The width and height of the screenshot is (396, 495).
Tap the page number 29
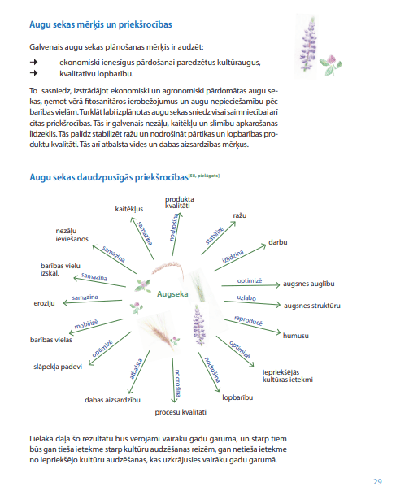tap(377, 481)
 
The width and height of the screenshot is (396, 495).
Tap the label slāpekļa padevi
tap(57, 367)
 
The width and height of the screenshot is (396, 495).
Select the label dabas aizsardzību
tap(113, 400)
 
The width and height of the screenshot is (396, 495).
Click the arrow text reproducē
tap(247, 320)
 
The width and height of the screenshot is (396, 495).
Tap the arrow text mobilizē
tap(86, 324)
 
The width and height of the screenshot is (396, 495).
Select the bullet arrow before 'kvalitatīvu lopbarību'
tap(33, 72)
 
